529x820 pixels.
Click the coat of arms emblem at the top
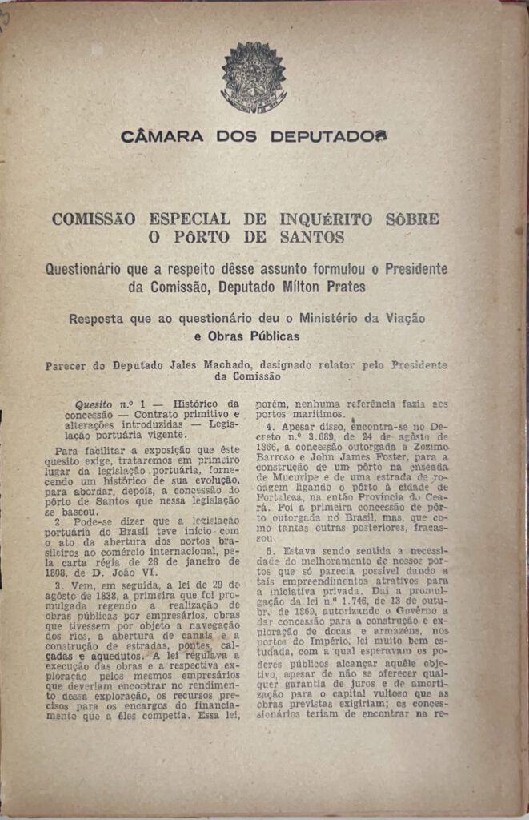pos(253,78)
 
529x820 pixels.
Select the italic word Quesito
pos(94,405)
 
